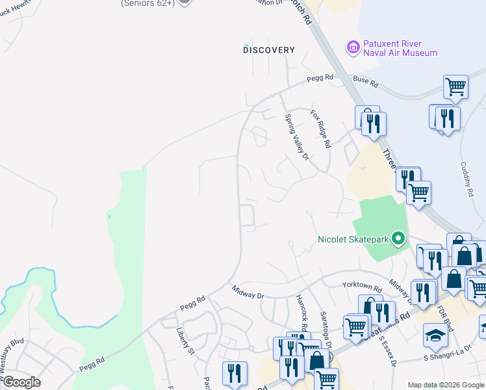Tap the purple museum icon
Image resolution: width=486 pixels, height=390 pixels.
pyautogui.click(x=353, y=47)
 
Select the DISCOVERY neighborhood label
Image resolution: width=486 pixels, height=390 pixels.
pyautogui.click(x=269, y=50)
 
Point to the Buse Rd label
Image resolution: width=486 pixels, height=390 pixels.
pyautogui.click(x=365, y=82)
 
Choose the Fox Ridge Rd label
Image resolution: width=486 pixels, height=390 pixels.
pyautogui.click(x=320, y=128)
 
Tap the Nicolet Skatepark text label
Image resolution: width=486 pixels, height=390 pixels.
pyautogui.click(x=353, y=239)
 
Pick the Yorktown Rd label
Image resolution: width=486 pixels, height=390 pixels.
pyautogui.click(x=363, y=286)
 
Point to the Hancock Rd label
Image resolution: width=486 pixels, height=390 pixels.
pyautogui.click(x=301, y=311)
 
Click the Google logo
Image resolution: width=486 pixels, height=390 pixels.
pyautogui.click(x=21, y=382)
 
